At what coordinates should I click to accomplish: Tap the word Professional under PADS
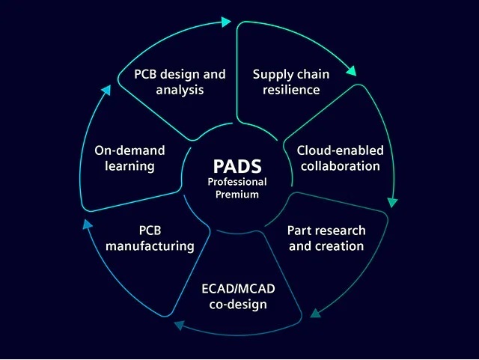tap(238, 182)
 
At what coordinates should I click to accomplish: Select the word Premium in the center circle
tap(238, 195)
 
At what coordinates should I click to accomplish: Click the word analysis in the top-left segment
tap(180, 90)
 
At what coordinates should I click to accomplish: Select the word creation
tap(340, 245)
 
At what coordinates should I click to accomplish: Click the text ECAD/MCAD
tap(234, 289)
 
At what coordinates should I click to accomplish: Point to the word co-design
tap(234, 305)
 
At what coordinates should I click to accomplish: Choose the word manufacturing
tap(150, 245)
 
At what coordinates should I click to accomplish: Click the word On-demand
tap(129, 150)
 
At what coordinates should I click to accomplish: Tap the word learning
tap(129, 166)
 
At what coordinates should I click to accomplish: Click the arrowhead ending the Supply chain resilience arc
tap(351, 72)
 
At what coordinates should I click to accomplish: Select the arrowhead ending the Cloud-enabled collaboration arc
tap(392, 201)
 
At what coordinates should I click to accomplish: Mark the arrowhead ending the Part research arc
tap(316, 312)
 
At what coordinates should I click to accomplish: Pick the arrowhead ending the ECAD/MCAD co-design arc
tap(179, 325)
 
